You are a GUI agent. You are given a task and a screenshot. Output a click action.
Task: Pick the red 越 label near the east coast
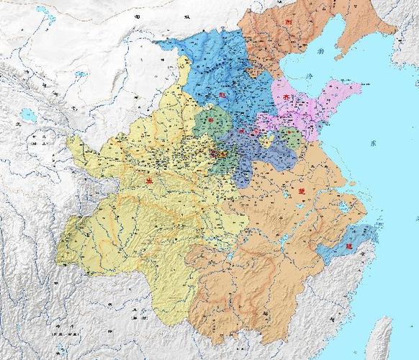(x=350, y=246)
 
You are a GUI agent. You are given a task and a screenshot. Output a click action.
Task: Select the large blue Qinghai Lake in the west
(x=28, y=114)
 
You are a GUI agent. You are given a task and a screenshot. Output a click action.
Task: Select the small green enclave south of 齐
(x=290, y=137)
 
